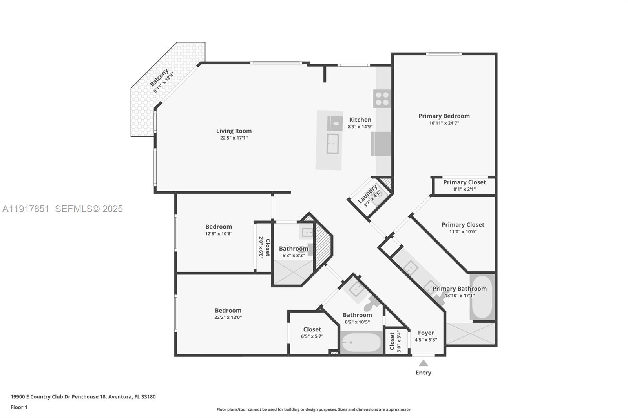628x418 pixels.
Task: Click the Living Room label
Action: click(x=234, y=131)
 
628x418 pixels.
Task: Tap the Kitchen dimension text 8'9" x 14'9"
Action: click(x=360, y=127)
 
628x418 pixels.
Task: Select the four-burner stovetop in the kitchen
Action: click(x=382, y=98)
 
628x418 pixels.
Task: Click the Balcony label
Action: click(x=159, y=77)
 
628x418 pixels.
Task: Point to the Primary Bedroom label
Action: click(x=444, y=116)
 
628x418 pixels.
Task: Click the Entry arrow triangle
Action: click(x=424, y=363)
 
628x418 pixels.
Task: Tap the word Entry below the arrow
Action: click(x=424, y=373)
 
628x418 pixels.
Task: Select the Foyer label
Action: click(x=426, y=333)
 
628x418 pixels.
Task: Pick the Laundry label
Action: click(x=367, y=194)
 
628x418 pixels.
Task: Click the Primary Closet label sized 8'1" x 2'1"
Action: click(x=465, y=182)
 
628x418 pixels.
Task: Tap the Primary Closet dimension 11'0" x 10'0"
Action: click(x=463, y=231)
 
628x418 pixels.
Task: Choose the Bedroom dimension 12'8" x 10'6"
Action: click(x=219, y=234)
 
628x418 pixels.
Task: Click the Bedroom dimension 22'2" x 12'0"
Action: click(x=228, y=317)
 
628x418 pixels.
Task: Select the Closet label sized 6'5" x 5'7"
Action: click(x=312, y=329)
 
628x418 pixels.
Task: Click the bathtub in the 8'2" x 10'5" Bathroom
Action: click(x=361, y=343)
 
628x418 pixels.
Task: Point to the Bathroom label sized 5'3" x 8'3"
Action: click(x=294, y=249)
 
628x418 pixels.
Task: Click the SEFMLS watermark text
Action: click(x=89, y=209)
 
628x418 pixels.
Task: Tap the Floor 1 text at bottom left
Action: click(x=19, y=407)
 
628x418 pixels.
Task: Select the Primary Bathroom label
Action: click(x=460, y=289)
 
